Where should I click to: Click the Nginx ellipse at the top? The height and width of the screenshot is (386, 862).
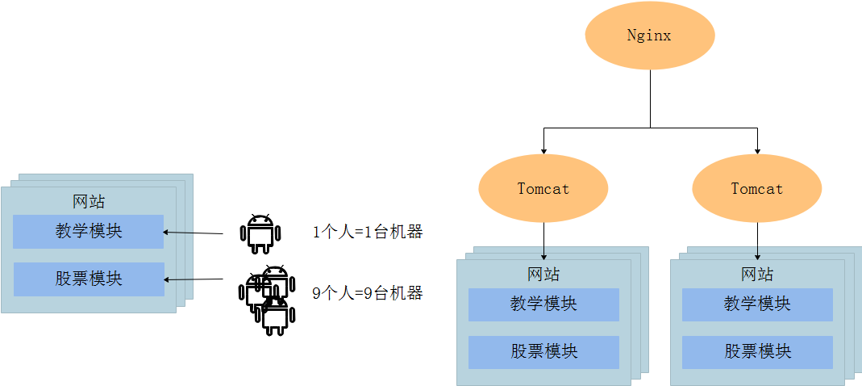click(x=649, y=36)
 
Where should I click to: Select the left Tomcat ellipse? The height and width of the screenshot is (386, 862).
click(x=543, y=189)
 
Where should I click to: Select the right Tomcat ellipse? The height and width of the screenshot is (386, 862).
click(x=756, y=189)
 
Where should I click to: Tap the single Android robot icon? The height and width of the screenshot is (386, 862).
click(x=260, y=234)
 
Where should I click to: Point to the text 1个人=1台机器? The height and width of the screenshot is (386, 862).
click(x=368, y=233)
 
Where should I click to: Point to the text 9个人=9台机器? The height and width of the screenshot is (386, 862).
click(x=368, y=293)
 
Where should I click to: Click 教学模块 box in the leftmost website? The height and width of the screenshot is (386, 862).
click(x=89, y=231)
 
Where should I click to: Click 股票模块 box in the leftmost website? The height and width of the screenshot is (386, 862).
click(x=89, y=279)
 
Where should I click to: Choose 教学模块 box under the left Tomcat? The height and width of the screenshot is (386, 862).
click(x=543, y=304)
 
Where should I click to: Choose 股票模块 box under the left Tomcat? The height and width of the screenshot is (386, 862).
click(x=543, y=352)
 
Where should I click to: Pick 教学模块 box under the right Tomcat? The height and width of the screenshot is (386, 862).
click(x=757, y=304)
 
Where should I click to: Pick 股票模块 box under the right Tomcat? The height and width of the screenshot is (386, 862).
click(x=757, y=352)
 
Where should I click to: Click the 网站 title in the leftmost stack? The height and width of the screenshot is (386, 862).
click(x=89, y=202)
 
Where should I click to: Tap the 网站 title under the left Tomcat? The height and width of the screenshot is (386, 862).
click(x=543, y=275)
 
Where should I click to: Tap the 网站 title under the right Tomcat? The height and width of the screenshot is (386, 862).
click(x=757, y=275)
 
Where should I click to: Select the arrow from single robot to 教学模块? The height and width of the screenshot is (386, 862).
click(x=194, y=233)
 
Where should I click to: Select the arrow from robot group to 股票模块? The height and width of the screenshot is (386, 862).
click(x=194, y=280)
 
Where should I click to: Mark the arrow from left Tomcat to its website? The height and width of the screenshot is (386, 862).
click(x=543, y=241)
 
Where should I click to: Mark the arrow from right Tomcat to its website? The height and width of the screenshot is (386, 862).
click(x=757, y=241)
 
